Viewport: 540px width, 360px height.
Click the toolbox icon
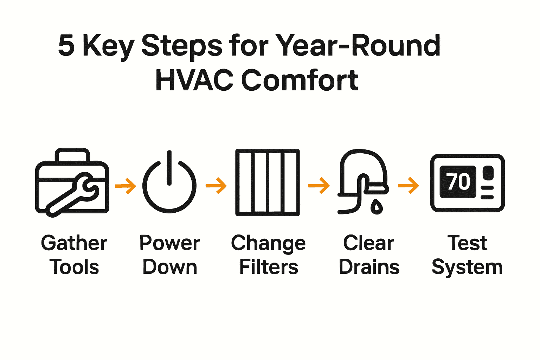click(x=72, y=183)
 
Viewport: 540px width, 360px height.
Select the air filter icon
click(x=267, y=182)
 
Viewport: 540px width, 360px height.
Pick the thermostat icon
click(x=467, y=183)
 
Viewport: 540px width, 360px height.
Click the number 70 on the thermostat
click(x=458, y=182)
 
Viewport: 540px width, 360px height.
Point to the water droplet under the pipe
click(x=377, y=207)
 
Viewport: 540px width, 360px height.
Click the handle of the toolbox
click(x=72, y=155)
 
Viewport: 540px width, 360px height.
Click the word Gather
click(x=74, y=243)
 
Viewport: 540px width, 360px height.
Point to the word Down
click(x=170, y=267)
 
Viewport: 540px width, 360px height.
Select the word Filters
click(x=269, y=267)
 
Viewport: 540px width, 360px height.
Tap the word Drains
click(x=369, y=267)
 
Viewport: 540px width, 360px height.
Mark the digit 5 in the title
click(x=66, y=46)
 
